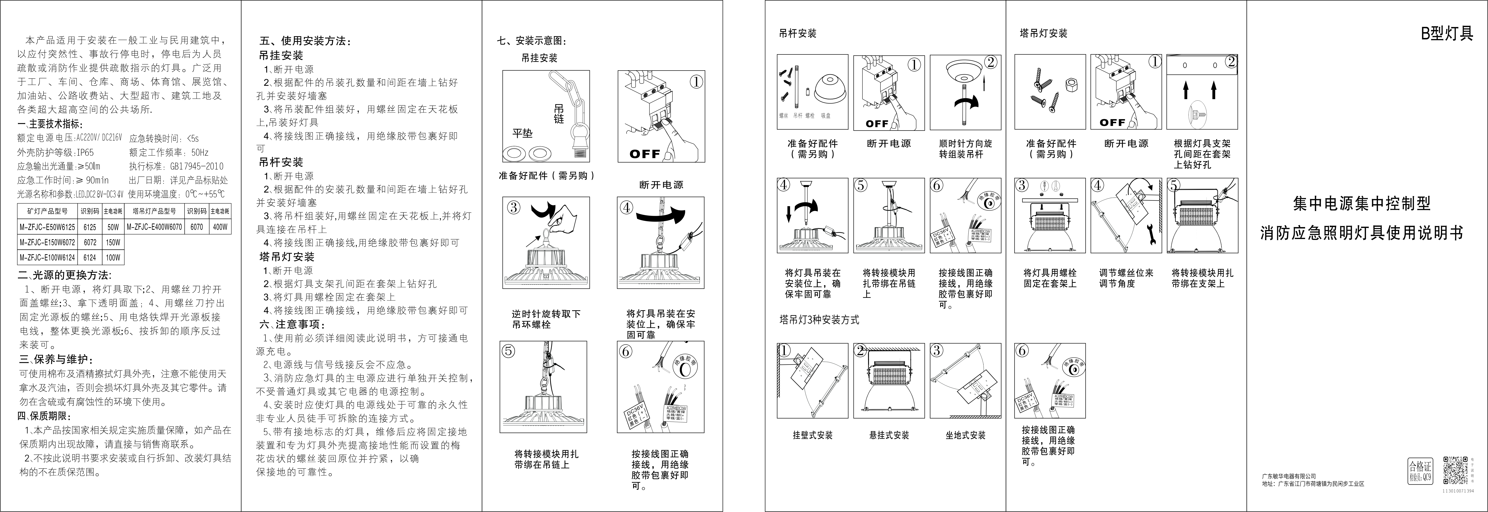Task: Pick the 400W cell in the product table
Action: (220, 228)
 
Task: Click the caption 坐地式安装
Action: (965, 435)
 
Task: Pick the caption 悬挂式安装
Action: (889, 435)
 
